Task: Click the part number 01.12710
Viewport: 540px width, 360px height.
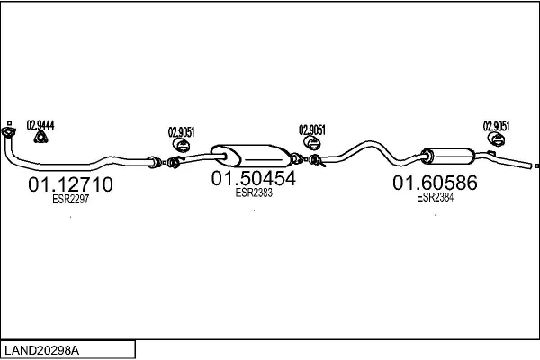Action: (x=70, y=184)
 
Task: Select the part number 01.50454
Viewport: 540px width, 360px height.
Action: (x=254, y=178)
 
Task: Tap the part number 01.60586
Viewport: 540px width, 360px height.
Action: (x=435, y=183)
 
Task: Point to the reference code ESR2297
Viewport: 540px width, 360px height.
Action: (x=70, y=199)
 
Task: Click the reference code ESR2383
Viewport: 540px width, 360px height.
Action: (x=254, y=193)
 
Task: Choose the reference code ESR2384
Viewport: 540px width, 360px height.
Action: (x=436, y=197)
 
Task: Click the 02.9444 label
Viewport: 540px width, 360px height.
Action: (x=40, y=125)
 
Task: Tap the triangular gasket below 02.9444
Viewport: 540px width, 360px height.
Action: (x=41, y=137)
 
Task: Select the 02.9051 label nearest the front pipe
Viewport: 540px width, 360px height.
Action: (x=181, y=132)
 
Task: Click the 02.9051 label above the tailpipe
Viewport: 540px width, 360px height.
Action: (x=496, y=126)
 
